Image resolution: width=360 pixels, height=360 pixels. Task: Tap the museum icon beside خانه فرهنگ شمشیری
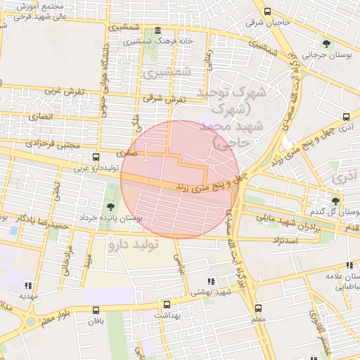tap(156, 32)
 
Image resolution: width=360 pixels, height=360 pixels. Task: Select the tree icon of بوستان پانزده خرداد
tap(111, 206)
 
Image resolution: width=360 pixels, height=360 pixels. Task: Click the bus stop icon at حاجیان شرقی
tap(267, 11)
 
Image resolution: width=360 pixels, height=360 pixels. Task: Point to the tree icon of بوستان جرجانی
tap(326, 43)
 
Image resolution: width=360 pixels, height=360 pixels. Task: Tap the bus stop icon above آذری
tap(346, 117)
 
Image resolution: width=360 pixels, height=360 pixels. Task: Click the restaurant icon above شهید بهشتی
tap(212, 281)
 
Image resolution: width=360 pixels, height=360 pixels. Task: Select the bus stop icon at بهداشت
tap(167, 305)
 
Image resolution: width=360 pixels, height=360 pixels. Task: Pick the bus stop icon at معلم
tap(258, 308)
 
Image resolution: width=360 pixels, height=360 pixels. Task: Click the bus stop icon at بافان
tap(96, 309)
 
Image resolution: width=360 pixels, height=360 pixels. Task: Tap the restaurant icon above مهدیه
tap(28, 285)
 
